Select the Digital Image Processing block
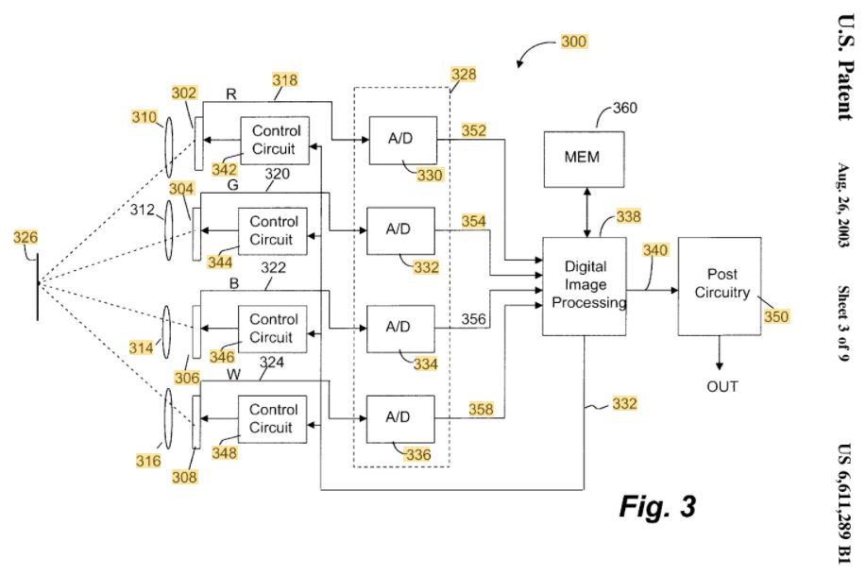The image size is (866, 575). coord(584,285)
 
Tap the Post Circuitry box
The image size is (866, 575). coord(720,285)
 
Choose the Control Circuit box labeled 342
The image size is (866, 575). coord(276,140)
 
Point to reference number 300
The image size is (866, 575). coord(573,42)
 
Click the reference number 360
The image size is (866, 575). coord(625,108)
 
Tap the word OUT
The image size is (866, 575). coord(722,387)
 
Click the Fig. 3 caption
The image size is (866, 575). coord(657,506)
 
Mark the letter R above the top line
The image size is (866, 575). coord(231,93)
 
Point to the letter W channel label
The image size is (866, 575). coord(232,375)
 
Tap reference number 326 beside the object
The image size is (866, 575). coord(25,238)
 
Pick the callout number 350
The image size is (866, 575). coord(776,317)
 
